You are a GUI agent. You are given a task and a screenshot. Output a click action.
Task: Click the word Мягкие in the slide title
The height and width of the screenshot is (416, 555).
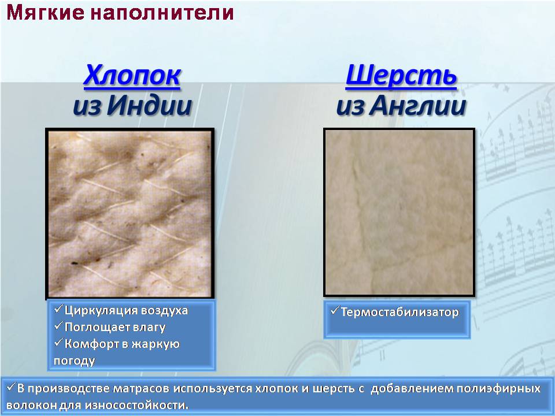[45, 13]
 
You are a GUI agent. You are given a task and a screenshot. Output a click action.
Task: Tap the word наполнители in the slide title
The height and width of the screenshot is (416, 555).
[162, 13]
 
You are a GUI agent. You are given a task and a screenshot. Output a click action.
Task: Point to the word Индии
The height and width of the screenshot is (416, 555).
[149, 105]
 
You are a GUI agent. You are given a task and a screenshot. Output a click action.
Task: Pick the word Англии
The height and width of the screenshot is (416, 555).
[417, 105]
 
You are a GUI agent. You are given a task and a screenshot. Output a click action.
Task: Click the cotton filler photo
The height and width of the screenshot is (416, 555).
[130, 213]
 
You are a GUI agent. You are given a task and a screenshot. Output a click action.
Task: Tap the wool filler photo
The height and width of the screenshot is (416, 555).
[399, 212]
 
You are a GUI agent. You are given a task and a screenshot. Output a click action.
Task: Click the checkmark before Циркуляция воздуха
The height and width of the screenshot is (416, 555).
[58, 309]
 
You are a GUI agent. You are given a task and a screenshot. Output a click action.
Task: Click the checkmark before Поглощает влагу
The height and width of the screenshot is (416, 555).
[58, 326]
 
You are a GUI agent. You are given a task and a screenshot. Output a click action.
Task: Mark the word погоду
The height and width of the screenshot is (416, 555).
[75, 361]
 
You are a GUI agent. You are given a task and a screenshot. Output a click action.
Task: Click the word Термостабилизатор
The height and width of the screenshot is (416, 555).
[399, 312]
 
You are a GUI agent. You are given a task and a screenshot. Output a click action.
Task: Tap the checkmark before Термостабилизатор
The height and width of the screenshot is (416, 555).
[335, 311]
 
